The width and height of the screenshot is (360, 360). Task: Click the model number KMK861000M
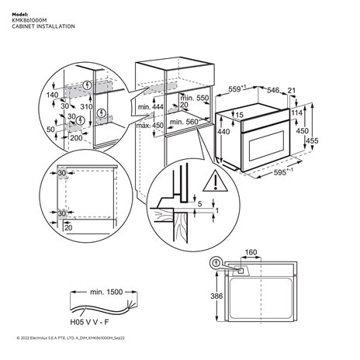(30, 20)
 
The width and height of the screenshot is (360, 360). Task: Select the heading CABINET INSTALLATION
(43, 26)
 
